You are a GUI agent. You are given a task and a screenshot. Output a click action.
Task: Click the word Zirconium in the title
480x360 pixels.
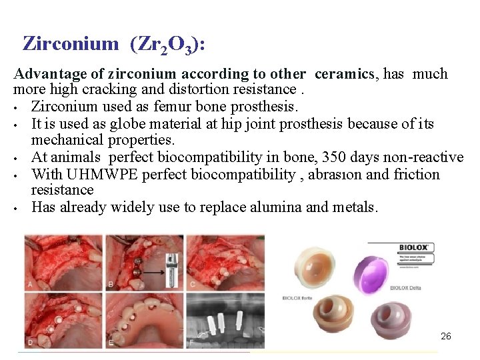coord(70,44)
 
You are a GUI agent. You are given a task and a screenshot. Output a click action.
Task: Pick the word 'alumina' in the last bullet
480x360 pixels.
coord(275,207)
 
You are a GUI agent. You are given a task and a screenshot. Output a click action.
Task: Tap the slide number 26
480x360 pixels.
coord(446,336)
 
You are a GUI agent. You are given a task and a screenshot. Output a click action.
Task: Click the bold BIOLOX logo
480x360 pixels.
coord(414,247)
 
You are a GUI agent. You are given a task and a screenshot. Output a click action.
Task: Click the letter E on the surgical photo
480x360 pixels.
coord(110,341)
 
